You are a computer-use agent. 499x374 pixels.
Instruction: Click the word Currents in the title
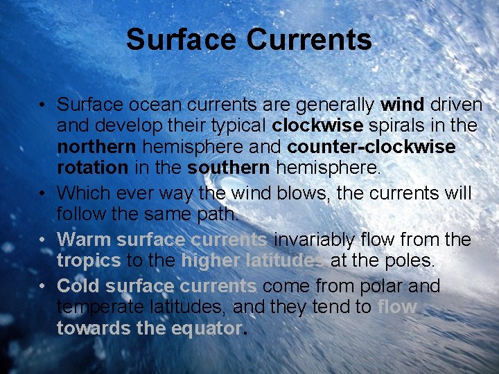point(309,39)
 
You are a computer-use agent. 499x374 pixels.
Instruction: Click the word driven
point(456,105)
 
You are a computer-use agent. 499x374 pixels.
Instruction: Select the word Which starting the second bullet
point(79,193)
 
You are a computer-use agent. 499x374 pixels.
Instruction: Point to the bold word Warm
point(84,240)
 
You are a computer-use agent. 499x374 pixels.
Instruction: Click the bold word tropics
point(88,261)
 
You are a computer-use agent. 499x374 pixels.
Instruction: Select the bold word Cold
point(78,286)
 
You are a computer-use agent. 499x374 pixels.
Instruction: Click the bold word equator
point(204,328)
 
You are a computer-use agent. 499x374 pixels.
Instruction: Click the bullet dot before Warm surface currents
point(43,240)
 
